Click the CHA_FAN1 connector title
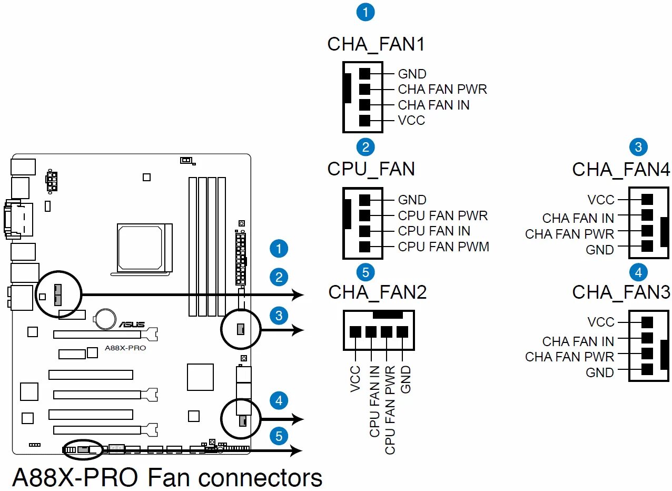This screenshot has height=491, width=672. [376, 45]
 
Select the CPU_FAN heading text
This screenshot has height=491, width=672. [371, 170]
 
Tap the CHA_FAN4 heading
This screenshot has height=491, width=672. [621, 170]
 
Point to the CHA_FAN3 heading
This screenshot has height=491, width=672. [621, 292]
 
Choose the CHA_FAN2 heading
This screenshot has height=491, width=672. [378, 292]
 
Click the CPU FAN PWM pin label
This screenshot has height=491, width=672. [443, 247]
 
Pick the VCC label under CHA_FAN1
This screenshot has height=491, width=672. [411, 120]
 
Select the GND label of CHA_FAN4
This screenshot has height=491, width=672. [600, 250]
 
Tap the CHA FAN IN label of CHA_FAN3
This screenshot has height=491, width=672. [578, 341]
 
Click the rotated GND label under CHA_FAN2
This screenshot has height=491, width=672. [406, 379]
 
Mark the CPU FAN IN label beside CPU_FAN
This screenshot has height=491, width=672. [434, 231]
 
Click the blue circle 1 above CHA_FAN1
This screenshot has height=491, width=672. [365, 12]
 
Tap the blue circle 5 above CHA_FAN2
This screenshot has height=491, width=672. [365, 272]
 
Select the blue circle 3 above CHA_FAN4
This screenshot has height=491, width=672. [638, 147]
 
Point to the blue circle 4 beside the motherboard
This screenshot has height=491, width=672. [279, 400]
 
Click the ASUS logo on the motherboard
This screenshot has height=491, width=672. [132, 324]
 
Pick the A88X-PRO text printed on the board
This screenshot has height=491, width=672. [125, 348]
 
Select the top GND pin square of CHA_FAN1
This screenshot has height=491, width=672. [364, 74]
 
